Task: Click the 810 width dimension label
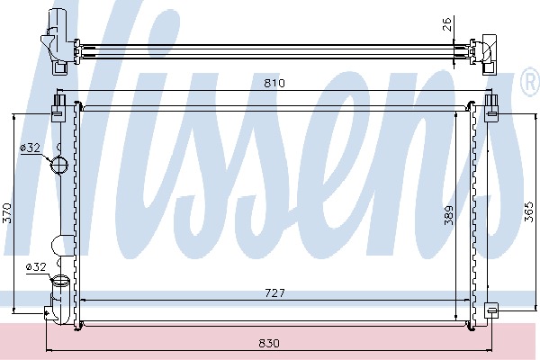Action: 274,84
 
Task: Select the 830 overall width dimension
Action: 269,344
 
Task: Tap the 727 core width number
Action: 275,293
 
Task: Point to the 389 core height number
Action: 448,216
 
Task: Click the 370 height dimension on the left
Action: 7,213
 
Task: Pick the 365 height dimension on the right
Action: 529,211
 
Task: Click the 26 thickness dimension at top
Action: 446,24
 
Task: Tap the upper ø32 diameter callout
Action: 31,148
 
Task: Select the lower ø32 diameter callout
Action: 36,266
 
